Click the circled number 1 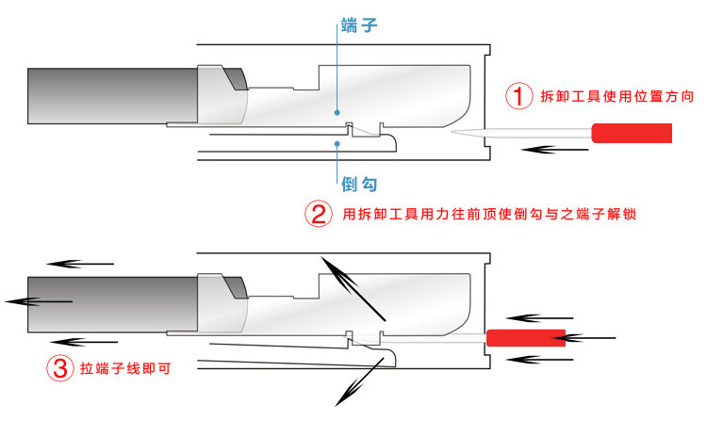pyautogui.click(x=518, y=96)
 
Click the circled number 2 pyautogui.click(x=318, y=214)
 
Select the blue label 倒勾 pyautogui.click(x=361, y=183)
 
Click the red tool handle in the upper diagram pyautogui.click(x=632, y=134)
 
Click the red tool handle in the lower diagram pyautogui.click(x=526, y=337)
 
